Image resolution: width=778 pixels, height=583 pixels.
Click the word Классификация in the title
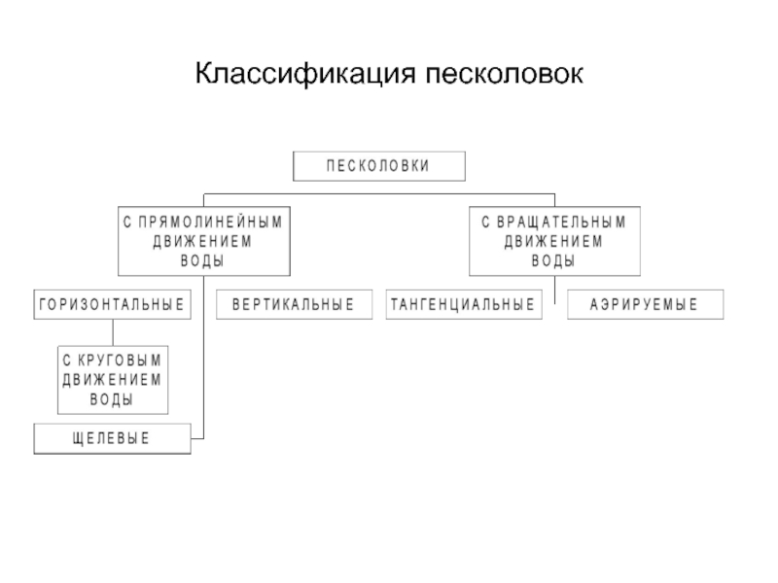[305, 74]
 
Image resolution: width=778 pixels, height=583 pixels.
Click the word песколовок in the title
[504, 74]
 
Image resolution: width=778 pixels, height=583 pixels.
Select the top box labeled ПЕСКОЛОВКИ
[379, 166]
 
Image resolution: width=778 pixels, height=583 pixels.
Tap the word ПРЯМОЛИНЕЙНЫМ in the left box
[210, 222]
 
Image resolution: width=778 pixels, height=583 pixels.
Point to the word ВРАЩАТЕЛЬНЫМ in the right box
[562, 222]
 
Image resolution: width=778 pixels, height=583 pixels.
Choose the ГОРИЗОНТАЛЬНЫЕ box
[112, 304]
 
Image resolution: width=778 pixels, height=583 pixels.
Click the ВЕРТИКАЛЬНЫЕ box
[295, 304]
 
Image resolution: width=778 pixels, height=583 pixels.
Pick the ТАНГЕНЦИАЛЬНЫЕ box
[464, 304]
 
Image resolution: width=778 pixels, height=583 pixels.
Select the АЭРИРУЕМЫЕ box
[646, 304]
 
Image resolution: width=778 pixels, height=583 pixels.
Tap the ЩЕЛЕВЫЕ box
[112, 439]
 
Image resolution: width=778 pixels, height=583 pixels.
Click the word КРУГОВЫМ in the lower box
[120, 360]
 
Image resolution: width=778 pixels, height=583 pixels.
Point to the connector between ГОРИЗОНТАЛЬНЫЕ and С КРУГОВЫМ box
[113, 332]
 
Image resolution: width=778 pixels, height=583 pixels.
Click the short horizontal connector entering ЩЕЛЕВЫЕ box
[197, 438]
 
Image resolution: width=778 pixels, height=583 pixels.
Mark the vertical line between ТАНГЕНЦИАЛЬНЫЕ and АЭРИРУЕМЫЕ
[554, 290]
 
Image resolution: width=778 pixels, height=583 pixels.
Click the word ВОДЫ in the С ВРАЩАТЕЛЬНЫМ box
[553, 260]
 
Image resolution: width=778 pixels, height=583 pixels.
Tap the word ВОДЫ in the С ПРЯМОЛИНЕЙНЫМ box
[202, 260]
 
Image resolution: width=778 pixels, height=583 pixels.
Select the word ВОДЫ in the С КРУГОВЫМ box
[112, 399]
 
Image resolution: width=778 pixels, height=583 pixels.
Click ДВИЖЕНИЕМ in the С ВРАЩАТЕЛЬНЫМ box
[553, 241]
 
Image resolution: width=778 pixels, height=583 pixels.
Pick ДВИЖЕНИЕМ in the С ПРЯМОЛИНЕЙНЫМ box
[202, 241]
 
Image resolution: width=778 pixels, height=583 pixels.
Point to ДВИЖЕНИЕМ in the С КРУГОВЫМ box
[112, 380]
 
